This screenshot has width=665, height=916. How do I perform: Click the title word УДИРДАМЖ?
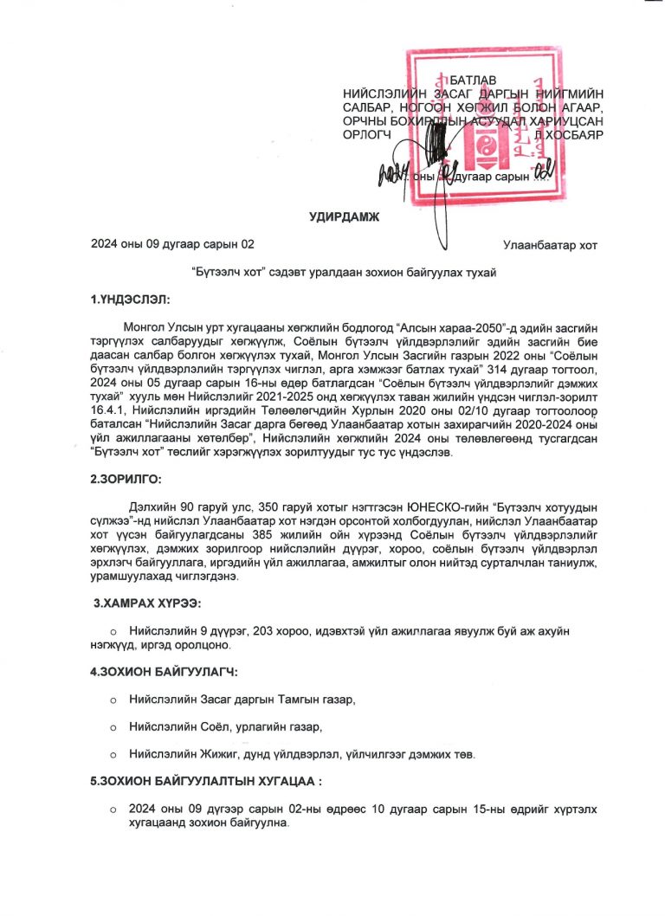pos(345,216)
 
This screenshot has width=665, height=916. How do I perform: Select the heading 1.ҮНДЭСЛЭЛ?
pos(131,300)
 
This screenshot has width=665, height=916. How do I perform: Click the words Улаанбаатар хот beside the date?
pos(550,246)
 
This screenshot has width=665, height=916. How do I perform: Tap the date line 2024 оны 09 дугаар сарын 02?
pos(173,246)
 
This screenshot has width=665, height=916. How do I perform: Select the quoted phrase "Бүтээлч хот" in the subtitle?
pos(233,273)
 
